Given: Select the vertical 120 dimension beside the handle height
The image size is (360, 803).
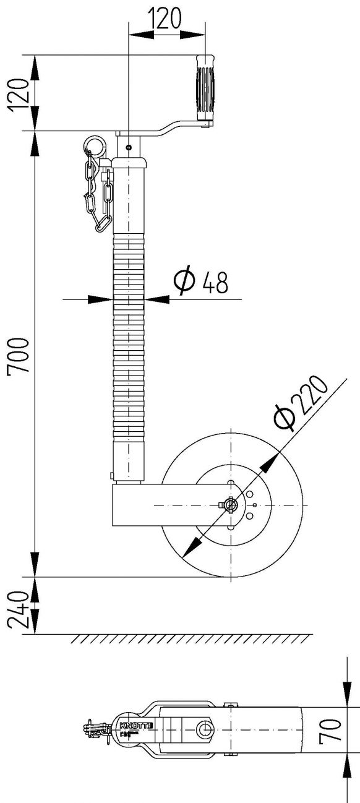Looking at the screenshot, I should click(20, 93).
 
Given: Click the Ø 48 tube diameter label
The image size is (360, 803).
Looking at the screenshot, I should click(200, 282).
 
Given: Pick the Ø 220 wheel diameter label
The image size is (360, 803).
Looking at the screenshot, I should click(301, 403).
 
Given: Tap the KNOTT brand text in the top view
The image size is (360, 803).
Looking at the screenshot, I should click(131, 723).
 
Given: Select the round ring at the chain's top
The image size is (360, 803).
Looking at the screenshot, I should click(95, 144).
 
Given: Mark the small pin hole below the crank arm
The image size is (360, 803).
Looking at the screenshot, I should click(127, 147).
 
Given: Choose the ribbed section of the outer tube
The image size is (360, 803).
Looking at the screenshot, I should click(128, 340).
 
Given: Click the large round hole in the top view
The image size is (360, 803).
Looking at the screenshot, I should click(204, 730).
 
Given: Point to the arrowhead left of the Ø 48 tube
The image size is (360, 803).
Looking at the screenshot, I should click(99, 299).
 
